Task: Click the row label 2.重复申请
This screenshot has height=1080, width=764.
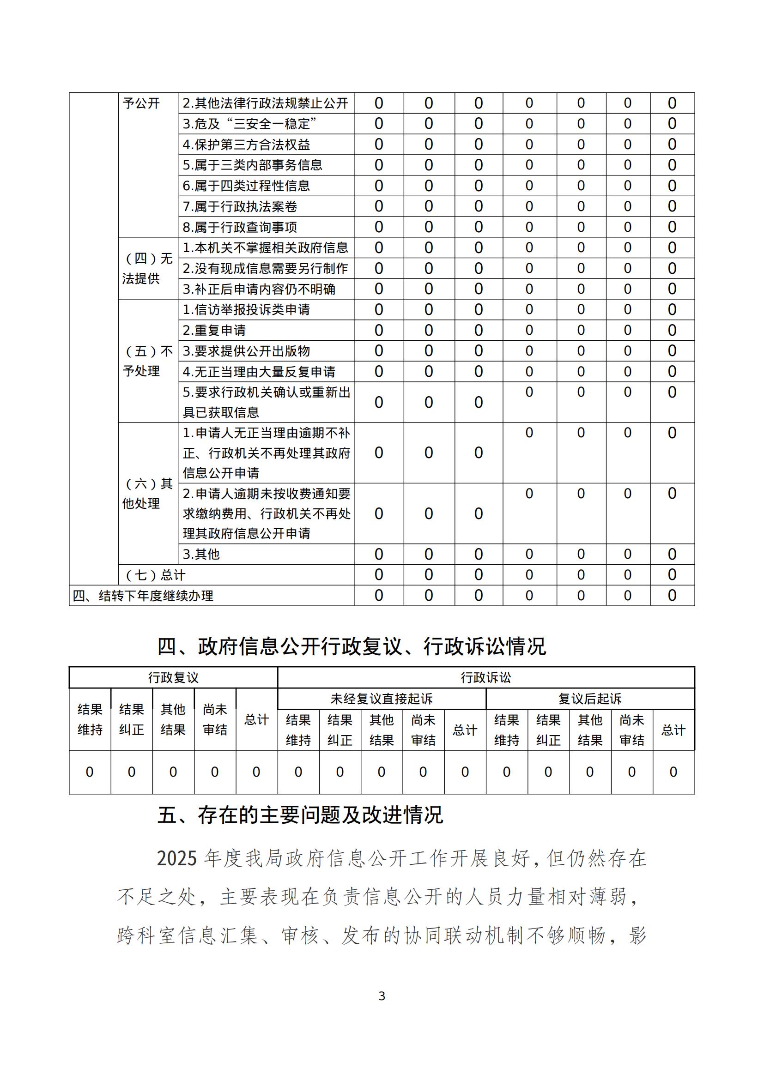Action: (214, 330)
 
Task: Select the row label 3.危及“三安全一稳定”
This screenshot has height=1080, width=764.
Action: (249, 124)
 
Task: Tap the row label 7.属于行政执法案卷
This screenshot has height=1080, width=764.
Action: (240, 206)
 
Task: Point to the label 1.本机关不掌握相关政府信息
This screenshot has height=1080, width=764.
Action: (265, 247)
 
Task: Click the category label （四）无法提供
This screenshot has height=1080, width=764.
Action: (148, 268)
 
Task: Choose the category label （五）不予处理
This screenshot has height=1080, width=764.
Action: (148, 361)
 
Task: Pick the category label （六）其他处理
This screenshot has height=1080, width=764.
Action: (148, 494)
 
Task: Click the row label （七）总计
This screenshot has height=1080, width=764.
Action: (155, 575)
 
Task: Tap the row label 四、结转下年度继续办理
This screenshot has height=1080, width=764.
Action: (143, 596)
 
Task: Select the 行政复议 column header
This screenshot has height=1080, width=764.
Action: (173, 678)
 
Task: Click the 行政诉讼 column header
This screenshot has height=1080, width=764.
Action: (486, 678)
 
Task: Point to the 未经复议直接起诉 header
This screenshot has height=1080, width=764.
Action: (382, 699)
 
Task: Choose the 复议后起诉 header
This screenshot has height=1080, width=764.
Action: (590, 699)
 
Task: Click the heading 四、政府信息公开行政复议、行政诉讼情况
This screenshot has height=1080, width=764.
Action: (352, 647)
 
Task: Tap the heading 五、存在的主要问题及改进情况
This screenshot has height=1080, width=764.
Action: (300, 815)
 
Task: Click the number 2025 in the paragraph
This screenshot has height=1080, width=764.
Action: (177, 859)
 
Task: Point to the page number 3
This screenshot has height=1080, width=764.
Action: (382, 996)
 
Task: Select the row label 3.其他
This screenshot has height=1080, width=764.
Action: (201, 554)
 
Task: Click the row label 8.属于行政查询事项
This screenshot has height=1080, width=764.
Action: (240, 227)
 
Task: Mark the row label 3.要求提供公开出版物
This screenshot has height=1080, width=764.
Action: (246, 351)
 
